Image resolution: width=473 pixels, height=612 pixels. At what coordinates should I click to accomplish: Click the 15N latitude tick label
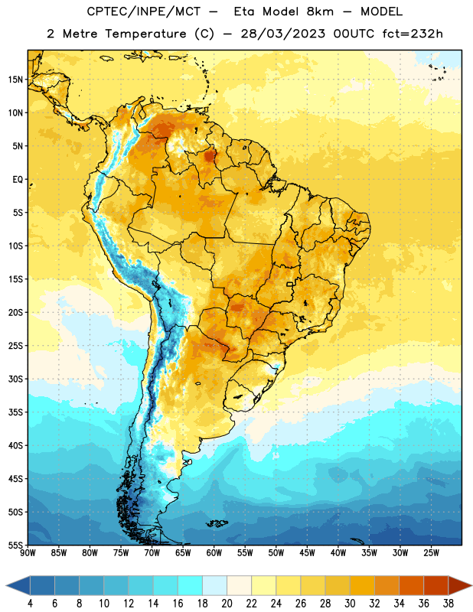click(15, 80)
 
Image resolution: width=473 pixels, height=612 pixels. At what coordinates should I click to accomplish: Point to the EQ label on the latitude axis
click(18, 180)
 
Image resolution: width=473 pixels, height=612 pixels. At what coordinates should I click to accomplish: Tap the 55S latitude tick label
click(15, 545)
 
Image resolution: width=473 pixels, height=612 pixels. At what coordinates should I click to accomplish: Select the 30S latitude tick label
click(15, 379)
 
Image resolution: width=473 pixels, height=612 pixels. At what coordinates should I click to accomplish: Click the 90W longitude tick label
click(28, 553)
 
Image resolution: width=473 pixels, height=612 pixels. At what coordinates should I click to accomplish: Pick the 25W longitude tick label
click(431, 553)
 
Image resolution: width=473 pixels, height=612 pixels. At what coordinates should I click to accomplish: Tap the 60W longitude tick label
click(214, 553)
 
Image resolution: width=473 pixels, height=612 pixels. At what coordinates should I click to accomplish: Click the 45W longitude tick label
click(307, 553)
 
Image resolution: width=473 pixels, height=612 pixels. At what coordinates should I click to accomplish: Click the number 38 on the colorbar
click(448, 604)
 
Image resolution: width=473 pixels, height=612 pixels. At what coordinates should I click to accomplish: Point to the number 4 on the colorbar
click(30, 604)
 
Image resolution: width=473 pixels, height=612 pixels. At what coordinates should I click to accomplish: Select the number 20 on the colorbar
click(227, 604)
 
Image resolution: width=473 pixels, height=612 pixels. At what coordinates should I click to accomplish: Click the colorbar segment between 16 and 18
click(191, 586)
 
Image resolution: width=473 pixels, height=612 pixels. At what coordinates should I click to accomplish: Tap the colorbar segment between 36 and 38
click(436, 586)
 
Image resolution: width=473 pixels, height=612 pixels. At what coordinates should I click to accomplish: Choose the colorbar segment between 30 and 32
click(362, 586)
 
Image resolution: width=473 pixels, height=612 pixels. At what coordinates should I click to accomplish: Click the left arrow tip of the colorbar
click(7, 586)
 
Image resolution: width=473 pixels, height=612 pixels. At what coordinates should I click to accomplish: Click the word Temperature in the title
click(145, 34)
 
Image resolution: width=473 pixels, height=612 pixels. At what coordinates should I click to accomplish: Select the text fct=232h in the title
click(413, 34)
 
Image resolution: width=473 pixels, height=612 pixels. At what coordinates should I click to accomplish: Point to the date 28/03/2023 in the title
click(282, 34)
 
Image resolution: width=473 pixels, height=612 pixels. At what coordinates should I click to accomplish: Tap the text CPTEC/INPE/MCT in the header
click(143, 11)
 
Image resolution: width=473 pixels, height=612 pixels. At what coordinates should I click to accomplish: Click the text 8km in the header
click(320, 11)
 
